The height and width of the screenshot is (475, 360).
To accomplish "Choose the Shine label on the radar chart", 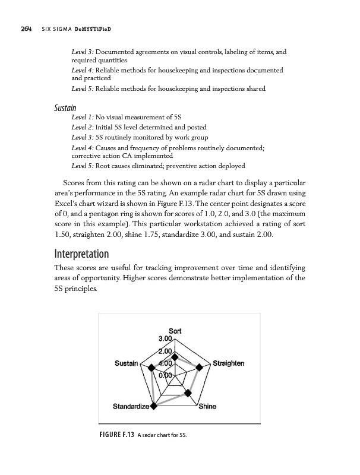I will pyautogui.click(x=207, y=407).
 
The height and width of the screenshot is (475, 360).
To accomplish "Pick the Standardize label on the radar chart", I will pyautogui.click(x=131, y=407).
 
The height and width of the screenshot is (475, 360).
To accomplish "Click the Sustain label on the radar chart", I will pyautogui.click(x=126, y=363).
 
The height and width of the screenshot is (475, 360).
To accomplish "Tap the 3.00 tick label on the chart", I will pyautogui.click(x=165, y=339).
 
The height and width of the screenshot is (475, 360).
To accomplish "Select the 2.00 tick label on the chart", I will pyautogui.click(x=165, y=352).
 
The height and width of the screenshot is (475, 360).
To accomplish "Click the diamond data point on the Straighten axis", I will pyautogui.click(x=199, y=368).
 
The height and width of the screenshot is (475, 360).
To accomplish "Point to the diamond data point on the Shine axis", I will pyautogui.click(x=190, y=392).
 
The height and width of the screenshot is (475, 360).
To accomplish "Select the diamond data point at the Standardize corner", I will pyautogui.click(x=154, y=407).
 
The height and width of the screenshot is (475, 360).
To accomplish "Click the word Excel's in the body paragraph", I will pyautogui.click(x=71, y=204).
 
